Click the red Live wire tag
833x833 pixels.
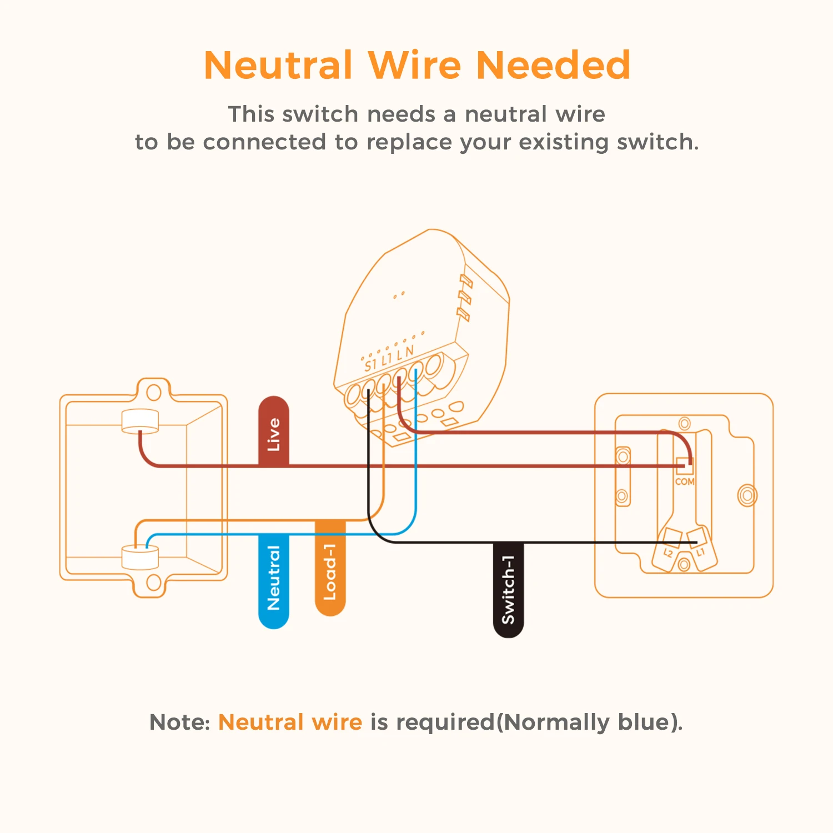(x=273, y=431)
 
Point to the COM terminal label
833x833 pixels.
(x=684, y=481)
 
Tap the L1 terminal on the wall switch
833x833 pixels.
(x=700, y=551)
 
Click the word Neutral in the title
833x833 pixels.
(x=278, y=66)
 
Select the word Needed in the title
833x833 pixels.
(x=553, y=66)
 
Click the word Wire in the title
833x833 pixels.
(x=415, y=66)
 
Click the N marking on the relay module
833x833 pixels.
(x=409, y=351)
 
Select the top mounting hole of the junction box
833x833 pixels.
(x=154, y=392)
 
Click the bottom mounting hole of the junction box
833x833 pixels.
(x=154, y=583)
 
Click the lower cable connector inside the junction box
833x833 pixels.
(x=140, y=557)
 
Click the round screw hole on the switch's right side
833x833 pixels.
(x=747, y=495)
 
